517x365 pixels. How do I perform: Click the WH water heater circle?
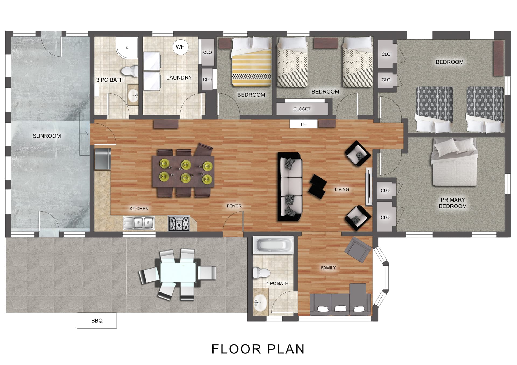[x=180, y=47]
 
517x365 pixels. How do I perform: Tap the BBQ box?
[x=97, y=320]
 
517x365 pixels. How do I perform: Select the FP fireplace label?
[x=303, y=124]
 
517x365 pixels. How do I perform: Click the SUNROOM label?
[x=47, y=136]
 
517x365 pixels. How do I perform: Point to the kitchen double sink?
[x=139, y=223]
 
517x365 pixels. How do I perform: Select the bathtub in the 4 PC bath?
[x=273, y=245]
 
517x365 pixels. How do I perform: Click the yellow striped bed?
[x=251, y=62]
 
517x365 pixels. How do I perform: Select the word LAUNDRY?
[x=179, y=78]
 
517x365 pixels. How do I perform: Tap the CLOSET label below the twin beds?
[x=302, y=109]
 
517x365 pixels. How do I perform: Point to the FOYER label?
[x=234, y=206]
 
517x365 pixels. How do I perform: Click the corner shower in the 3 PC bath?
[x=127, y=48]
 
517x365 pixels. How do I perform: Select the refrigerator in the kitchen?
[x=103, y=159]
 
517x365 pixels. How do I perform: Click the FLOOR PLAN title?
[x=258, y=349]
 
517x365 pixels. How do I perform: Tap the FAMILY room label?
[x=328, y=268]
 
